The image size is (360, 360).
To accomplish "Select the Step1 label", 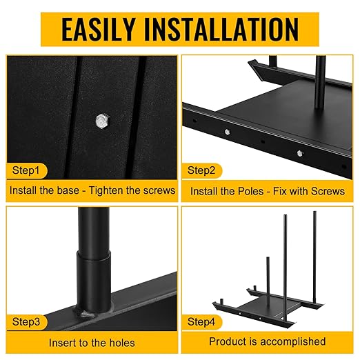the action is (x=26, y=170).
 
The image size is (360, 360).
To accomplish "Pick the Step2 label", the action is (x=201, y=170).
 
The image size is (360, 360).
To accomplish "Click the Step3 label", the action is (x=26, y=321).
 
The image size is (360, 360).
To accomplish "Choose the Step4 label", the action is (x=201, y=321).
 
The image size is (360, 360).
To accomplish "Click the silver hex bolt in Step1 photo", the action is (x=102, y=121).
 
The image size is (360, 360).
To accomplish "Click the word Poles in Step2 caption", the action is (x=250, y=191).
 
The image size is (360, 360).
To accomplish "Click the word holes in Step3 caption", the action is (x=122, y=343).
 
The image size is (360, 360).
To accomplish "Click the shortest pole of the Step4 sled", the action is (x=268, y=279).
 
